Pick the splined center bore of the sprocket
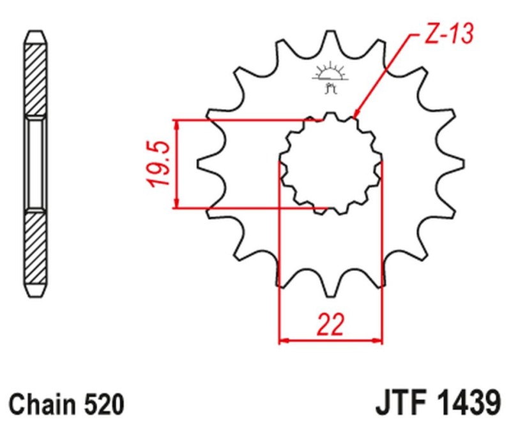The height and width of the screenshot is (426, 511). coord(330,163)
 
